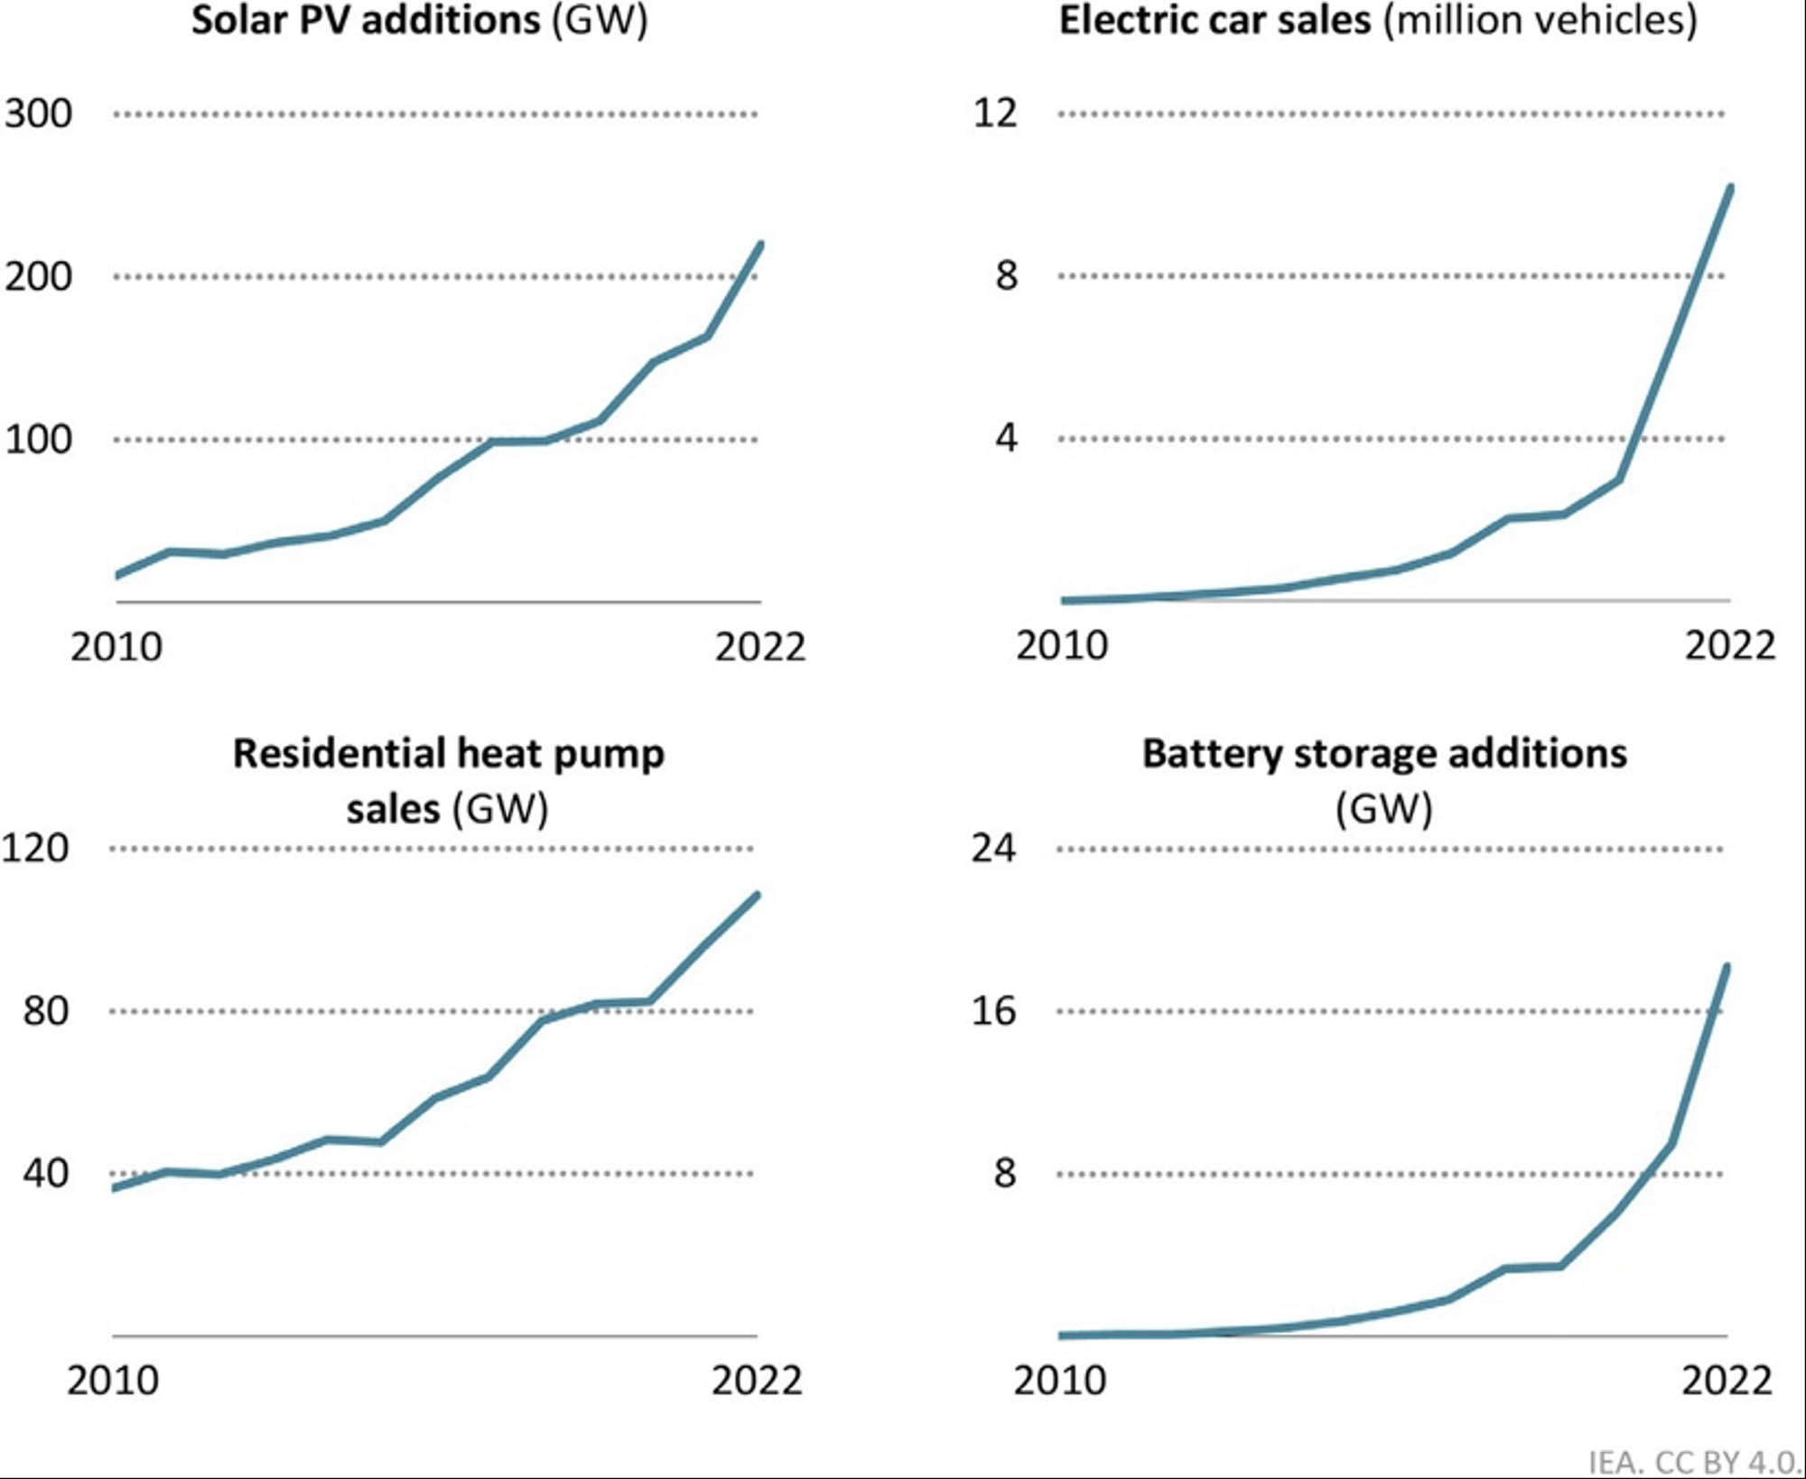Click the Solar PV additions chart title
(x=419, y=20)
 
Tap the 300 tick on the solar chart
(x=38, y=114)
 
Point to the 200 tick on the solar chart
(x=38, y=276)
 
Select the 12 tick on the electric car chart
(x=994, y=113)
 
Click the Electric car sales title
(x=1377, y=20)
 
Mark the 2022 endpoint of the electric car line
(x=1729, y=188)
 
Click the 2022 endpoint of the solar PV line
(x=760, y=245)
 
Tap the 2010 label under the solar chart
(x=116, y=647)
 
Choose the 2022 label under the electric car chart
(x=1729, y=646)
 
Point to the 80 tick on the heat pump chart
(x=45, y=1010)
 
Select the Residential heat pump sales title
(x=448, y=780)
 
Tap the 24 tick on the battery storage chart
(x=992, y=848)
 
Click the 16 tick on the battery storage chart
(x=992, y=1010)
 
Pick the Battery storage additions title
(x=1383, y=780)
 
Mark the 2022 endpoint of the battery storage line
(x=1727, y=967)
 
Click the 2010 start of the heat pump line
(x=115, y=1188)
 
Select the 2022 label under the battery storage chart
(x=1726, y=1381)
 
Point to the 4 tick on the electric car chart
(x=1006, y=439)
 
